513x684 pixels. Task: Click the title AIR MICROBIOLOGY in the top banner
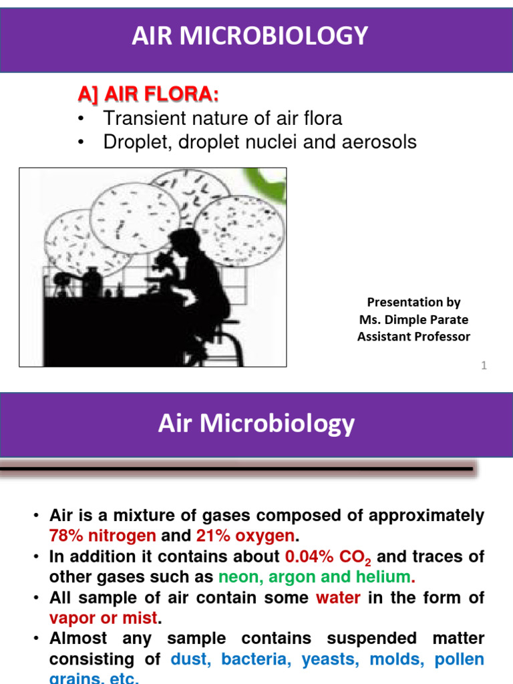(250, 35)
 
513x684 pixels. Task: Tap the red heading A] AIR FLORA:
(148, 96)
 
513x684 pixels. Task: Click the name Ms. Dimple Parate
(413, 319)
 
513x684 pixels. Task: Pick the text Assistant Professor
(413, 337)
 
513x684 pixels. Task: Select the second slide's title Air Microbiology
(256, 423)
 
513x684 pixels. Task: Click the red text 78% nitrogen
(102, 536)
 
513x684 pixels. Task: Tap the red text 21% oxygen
(245, 536)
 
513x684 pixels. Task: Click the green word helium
(381, 576)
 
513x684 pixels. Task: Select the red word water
(337, 597)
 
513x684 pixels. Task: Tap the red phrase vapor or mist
(104, 618)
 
